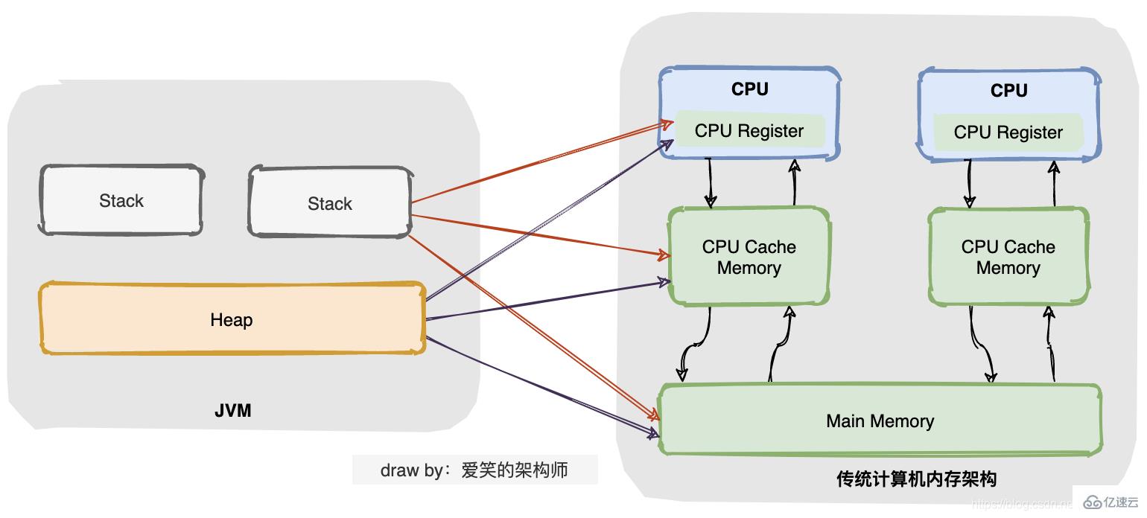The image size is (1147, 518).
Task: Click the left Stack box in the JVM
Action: point(121,200)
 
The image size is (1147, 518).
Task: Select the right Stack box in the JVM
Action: point(329,202)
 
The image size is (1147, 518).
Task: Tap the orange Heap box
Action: point(232,319)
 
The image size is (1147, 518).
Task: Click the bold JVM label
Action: point(233,409)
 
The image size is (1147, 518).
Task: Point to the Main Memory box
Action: point(880,421)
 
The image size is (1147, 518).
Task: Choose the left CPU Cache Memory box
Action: point(749,257)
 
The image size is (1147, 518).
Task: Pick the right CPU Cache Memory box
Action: point(1008,257)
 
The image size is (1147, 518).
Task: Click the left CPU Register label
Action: point(749,131)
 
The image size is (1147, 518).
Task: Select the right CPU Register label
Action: point(1008,132)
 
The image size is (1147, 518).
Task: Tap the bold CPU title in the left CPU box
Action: point(749,89)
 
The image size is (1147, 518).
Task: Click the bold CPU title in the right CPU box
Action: point(1008,91)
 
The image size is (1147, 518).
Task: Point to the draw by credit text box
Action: point(474,470)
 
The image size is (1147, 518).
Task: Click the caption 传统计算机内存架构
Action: point(916,479)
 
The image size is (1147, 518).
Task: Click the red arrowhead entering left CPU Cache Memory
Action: point(662,255)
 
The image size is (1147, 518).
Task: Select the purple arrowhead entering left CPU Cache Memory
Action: point(662,282)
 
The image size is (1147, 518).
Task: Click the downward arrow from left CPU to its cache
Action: point(710,182)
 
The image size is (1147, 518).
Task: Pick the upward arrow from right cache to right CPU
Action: point(1054,182)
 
